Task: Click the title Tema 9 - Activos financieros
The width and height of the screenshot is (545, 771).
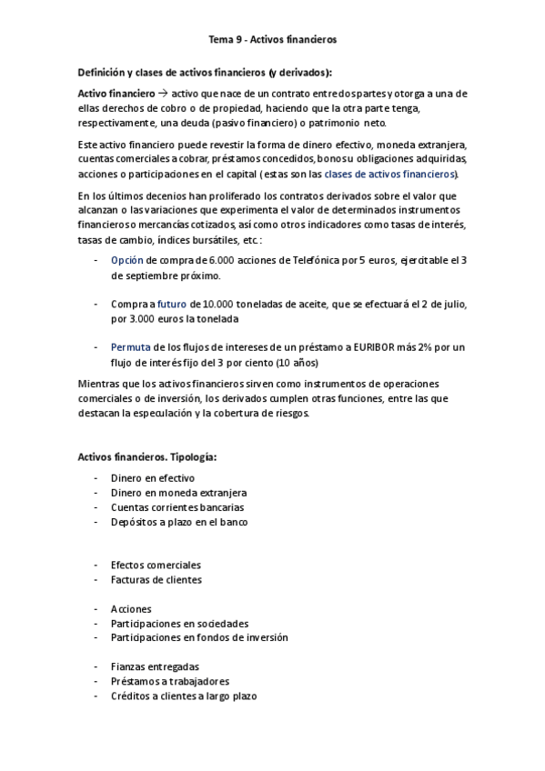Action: [x=272, y=39]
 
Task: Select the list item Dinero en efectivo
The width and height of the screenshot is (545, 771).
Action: [x=153, y=478]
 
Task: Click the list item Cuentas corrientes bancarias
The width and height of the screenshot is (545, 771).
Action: [x=177, y=507]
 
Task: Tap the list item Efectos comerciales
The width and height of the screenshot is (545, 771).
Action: [x=156, y=565]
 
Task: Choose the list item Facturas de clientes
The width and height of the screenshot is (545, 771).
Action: [x=156, y=579]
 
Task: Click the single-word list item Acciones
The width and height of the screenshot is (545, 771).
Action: [x=131, y=608]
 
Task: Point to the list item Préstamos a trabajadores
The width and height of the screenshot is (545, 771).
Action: [x=170, y=681]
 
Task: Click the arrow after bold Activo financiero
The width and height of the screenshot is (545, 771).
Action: [x=163, y=94]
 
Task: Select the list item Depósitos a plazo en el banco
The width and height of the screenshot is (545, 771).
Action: [x=179, y=522]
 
